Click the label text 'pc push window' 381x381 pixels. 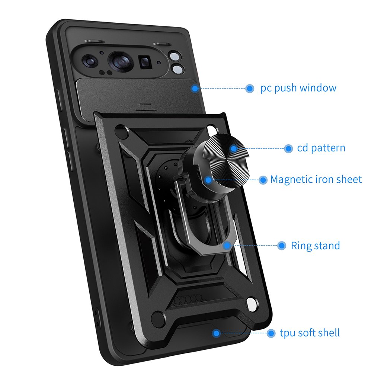(x=298, y=88)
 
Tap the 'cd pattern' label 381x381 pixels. (x=321, y=148)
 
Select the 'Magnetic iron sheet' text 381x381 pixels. (x=316, y=179)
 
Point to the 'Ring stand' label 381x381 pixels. (x=315, y=246)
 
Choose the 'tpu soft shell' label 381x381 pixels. (x=310, y=333)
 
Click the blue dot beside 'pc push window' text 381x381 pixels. (x=250, y=89)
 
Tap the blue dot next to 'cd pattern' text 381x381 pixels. (x=288, y=148)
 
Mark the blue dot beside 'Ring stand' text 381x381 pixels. (x=282, y=246)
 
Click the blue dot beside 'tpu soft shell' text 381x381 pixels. (x=271, y=333)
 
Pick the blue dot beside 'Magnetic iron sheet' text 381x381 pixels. (x=263, y=180)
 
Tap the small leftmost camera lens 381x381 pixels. (x=90, y=60)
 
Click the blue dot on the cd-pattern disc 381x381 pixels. (x=233, y=148)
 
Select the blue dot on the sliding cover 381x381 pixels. (x=195, y=89)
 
